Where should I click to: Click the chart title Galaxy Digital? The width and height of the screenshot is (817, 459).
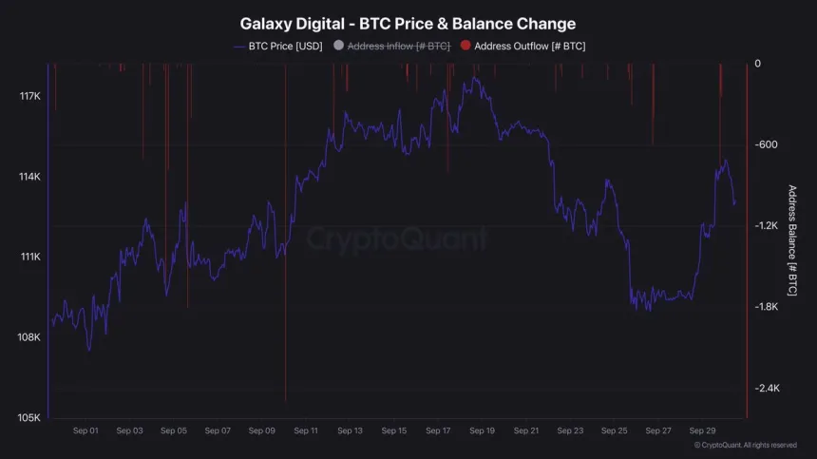pos(408,24)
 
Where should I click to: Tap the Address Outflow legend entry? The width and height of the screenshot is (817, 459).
pos(529,46)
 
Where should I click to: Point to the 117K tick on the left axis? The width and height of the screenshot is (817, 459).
pos(28,96)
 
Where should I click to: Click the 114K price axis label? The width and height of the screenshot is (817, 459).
pos(28,177)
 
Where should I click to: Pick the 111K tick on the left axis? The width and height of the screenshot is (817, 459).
pos(28,257)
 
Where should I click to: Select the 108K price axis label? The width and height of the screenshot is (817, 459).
pos(28,337)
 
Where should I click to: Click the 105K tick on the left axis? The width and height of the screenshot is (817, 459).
pos(28,417)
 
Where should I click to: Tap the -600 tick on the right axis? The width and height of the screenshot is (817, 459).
pos(766,144)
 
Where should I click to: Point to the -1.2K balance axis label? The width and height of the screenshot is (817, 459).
pos(767,225)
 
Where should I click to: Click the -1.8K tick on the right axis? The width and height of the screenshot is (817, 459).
pos(767,307)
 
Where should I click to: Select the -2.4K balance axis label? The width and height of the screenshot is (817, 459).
pos(767,388)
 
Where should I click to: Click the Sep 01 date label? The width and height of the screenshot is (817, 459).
pos(85,430)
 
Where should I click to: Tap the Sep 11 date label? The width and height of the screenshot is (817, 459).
pos(306,430)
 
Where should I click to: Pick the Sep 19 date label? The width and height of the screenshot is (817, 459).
pos(482,430)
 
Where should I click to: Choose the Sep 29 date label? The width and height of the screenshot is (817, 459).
pos(702,430)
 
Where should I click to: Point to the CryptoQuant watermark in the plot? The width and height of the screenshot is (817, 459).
pos(396,238)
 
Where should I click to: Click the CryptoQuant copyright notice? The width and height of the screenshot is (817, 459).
pos(745,445)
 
